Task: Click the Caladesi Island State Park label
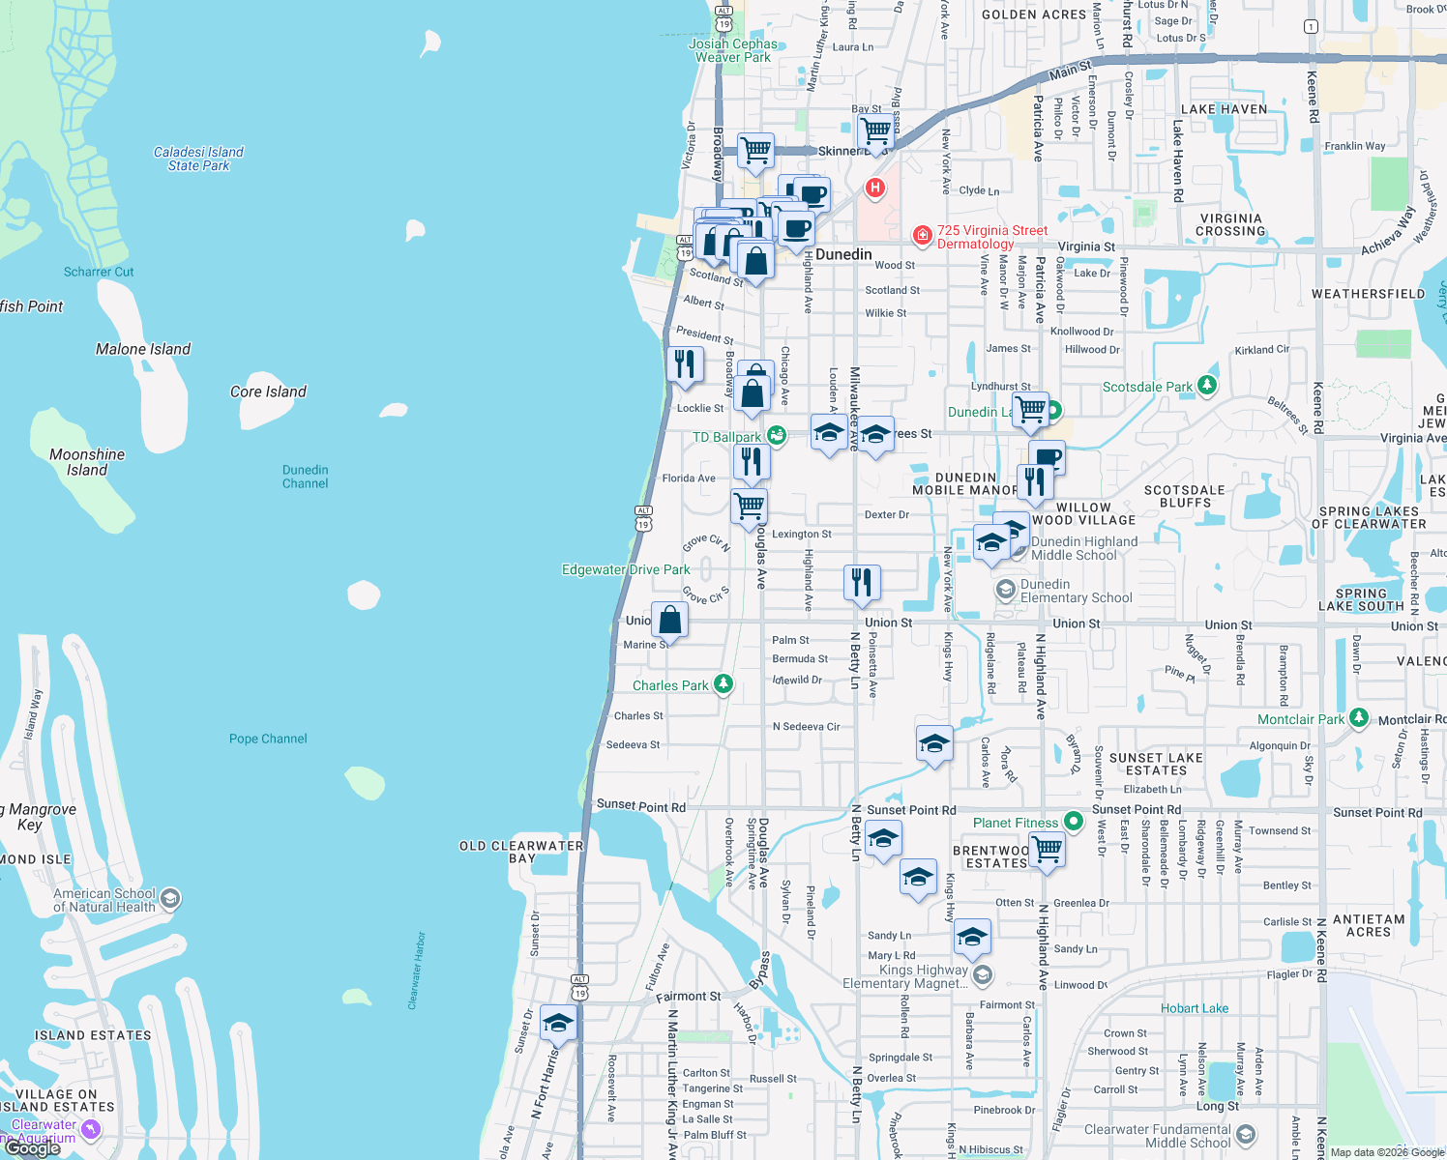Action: coord(198,159)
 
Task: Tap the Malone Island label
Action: coord(143,349)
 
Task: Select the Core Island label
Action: coord(268,391)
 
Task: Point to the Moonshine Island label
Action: coord(87,462)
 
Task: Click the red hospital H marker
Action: coord(875,188)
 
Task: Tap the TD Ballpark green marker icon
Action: coord(776,436)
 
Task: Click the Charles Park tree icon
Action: coord(723,684)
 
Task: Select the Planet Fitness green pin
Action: coord(1073,822)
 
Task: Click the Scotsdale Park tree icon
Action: coord(1206,386)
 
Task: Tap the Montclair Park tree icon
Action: coord(1359,718)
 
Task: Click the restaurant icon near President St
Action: coord(685,364)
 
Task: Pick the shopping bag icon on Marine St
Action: coord(669,620)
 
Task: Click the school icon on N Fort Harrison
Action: coord(558,1023)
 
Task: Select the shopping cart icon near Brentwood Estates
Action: coord(1048,850)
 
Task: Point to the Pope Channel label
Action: coord(268,739)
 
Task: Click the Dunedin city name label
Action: coord(843,254)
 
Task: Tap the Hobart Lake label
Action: coord(1194,1008)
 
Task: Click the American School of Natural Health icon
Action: coord(170,899)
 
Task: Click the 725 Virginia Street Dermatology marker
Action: coord(923,235)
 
